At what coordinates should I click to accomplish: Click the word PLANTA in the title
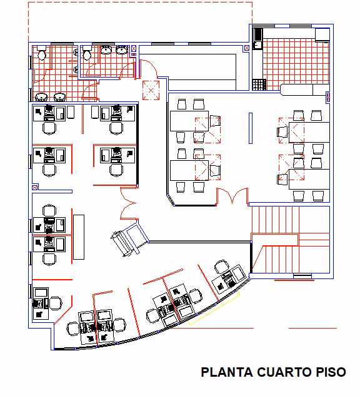(x=227, y=372)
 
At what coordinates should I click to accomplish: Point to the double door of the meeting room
(x=232, y=196)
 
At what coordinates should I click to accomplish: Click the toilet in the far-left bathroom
(x=41, y=53)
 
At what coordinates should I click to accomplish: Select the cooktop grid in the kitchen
(x=259, y=84)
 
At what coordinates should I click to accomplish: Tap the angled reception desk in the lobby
(x=129, y=239)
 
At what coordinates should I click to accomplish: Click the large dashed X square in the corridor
(x=151, y=90)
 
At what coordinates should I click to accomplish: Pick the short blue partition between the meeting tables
(x=251, y=128)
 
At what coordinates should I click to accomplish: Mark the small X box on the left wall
(x=35, y=188)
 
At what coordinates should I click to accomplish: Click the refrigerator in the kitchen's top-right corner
(x=322, y=35)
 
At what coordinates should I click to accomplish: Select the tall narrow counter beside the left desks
(x=79, y=237)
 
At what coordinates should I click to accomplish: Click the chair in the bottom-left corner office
(x=56, y=304)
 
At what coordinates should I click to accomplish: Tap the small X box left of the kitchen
(x=247, y=48)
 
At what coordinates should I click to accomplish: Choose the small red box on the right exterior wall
(x=328, y=97)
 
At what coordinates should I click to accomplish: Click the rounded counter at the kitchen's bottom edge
(x=305, y=90)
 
